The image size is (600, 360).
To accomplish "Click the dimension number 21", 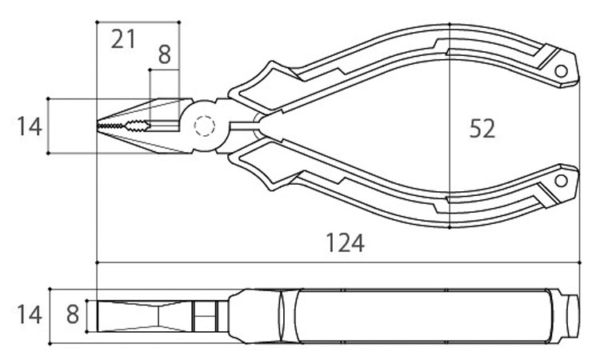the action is pyautogui.click(x=123, y=39).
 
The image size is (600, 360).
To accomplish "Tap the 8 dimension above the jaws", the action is pyautogui.click(x=164, y=54).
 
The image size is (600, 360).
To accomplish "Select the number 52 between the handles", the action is pyautogui.click(x=482, y=129).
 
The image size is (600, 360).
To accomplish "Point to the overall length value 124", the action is pyautogui.click(x=345, y=243).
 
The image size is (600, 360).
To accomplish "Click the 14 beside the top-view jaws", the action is pyautogui.click(x=29, y=126).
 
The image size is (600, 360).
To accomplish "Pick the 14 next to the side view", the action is pyautogui.click(x=29, y=315).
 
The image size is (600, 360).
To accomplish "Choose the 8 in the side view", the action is pyautogui.click(x=73, y=314).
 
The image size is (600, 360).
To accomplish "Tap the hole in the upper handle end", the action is pyautogui.click(x=562, y=71).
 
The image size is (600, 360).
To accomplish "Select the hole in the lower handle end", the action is pyautogui.click(x=562, y=181).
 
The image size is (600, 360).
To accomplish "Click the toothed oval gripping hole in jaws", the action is pyautogui.click(x=137, y=126).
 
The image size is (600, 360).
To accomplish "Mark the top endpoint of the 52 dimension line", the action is pyautogui.click(x=450, y=24).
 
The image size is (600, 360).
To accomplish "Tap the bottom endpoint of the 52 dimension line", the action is pyautogui.click(x=450, y=227).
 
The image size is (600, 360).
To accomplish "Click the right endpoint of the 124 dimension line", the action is pyautogui.click(x=580, y=263).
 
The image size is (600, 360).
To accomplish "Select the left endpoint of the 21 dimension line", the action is pyautogui.click(x=97, y=22).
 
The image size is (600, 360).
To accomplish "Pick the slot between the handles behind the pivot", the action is pyautogui.click(x=245, y=126).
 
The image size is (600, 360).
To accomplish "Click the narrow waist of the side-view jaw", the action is pyautogui.click(x=158, y=316).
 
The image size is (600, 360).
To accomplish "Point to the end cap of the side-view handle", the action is pyautogui.click(x=571, y=316).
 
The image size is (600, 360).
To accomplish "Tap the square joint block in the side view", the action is pyautogui.click(x=205, y=316).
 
